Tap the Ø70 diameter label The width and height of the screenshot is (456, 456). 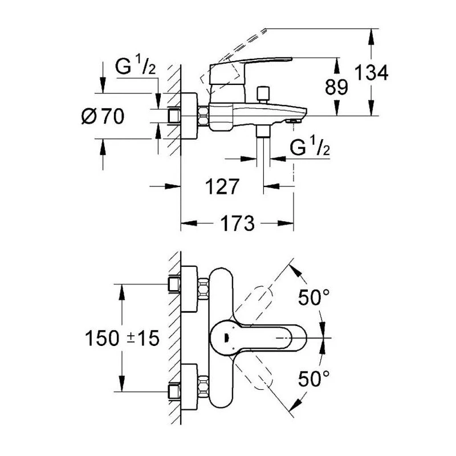(x=103, y=117)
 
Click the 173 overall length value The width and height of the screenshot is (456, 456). (x=237, y=223)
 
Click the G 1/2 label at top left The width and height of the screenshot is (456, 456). (x=135, y=67)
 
